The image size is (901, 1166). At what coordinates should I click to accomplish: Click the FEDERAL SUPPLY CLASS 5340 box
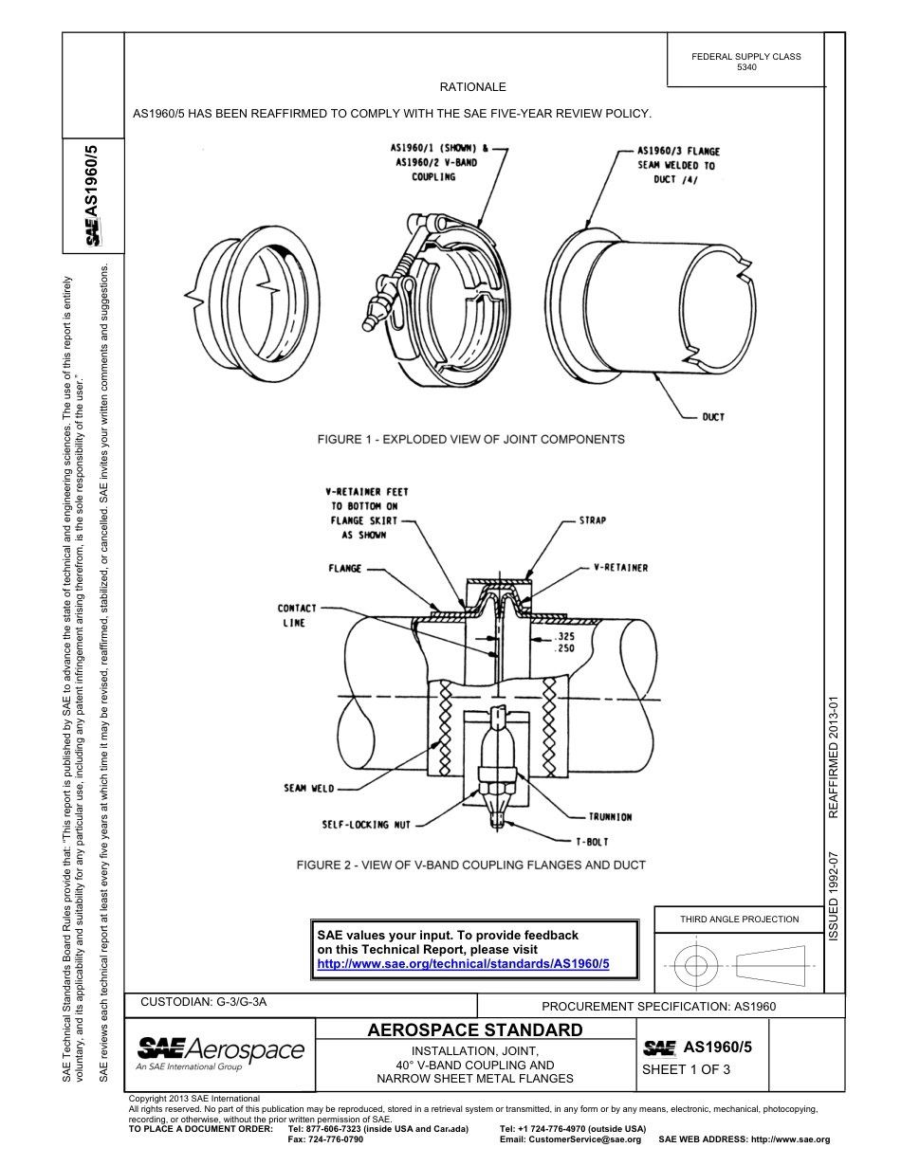(x=745, y=62)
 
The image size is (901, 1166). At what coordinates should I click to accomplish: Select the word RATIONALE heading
(x=472, y=87)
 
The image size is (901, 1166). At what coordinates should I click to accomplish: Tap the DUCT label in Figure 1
(x=713, y=417)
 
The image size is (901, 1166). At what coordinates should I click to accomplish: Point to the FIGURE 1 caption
(x=470, y=440)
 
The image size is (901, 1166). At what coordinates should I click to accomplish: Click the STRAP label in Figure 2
(x=592, y=520)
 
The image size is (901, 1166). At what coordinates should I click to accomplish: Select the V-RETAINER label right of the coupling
(x=620, y=568)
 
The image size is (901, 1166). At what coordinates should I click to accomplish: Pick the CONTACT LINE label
(x=297, y=615)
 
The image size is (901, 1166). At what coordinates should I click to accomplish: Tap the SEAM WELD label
(x=308, y=788)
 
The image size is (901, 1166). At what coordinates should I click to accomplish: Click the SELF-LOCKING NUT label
(x=366, y=825)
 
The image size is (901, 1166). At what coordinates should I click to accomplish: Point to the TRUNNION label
(x=609, y=816)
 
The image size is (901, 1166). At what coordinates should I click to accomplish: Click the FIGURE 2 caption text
(x=470, y=865)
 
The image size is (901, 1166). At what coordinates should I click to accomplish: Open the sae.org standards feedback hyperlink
(x=463, y=963)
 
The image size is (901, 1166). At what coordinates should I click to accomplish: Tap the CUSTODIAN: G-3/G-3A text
(x=210, y=1002)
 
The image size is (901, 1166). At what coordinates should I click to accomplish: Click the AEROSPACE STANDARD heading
(x=474, y=1029)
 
